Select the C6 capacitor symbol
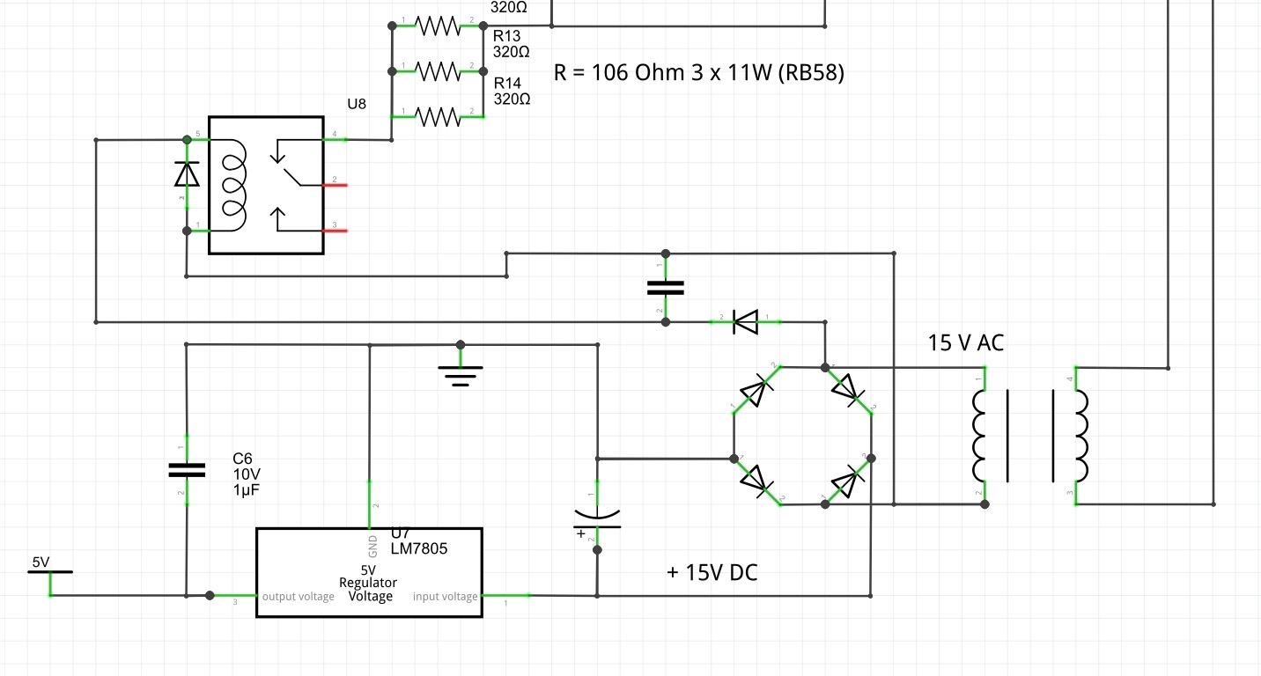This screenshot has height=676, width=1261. [x=187, y=470]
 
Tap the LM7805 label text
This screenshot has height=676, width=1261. [x=419, y=549]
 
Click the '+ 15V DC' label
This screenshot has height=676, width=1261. [x=712, y=573]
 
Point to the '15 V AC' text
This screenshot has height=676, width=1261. [x=965, y=343]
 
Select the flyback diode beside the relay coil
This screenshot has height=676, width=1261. [x=187, y=174]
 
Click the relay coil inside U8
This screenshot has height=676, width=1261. [x=233, y=185]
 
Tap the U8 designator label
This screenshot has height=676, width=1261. [x=356, y=104]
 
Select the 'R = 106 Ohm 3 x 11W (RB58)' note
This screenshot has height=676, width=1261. [x=698, y=73]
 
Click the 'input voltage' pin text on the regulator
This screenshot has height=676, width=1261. [x=446, y=597]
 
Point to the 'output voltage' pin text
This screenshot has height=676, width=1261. [x=299, y=597]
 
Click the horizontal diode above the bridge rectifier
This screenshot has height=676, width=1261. [x=746, y=322]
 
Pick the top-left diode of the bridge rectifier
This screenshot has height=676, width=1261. [x=755, y=388]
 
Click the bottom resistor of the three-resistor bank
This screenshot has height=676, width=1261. [x=439, y=114]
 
